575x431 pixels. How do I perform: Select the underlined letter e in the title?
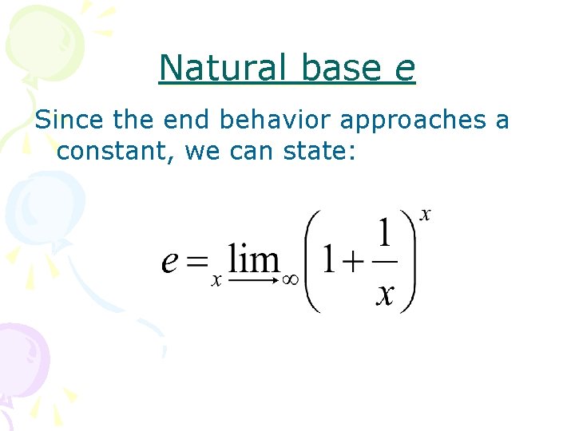click(405, 71)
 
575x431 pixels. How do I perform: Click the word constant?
click(113, 150)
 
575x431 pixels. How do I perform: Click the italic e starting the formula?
click(169, 262)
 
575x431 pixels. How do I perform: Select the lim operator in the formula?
click(254, 258)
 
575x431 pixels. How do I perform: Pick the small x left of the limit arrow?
click(216, 281)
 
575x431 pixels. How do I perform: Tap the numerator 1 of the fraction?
click(384, 235)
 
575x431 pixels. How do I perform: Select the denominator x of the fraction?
click(384, 294)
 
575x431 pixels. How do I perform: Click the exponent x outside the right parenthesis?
click(426, 215)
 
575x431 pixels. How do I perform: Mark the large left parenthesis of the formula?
click(313, 261)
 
